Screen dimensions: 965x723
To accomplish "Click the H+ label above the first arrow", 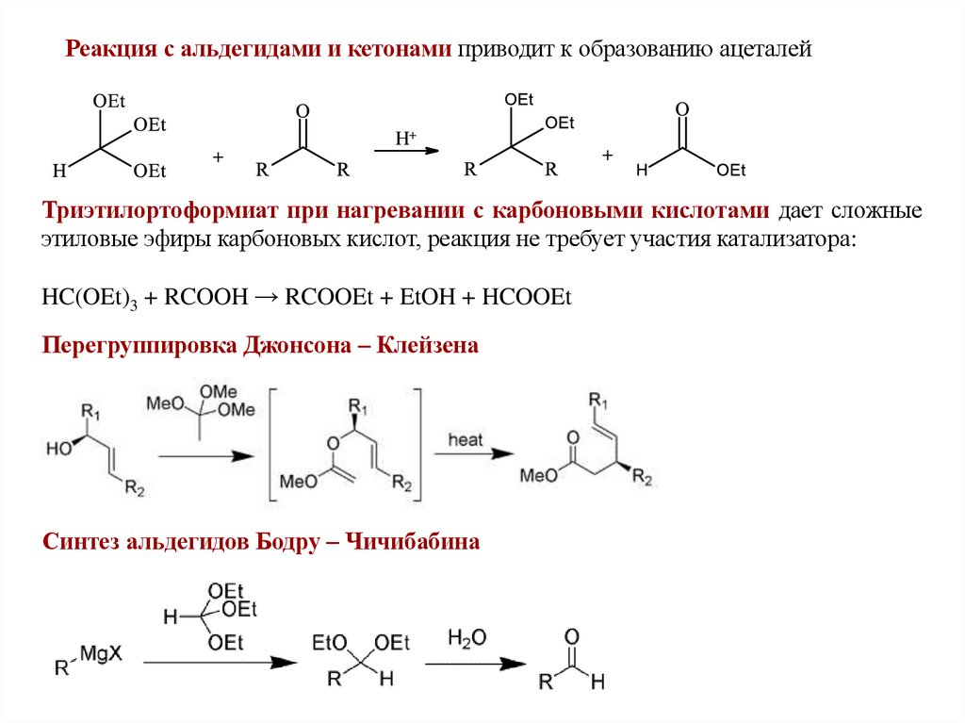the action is tap(407, 139).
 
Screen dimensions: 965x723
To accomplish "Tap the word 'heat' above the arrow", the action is tap(466, 439).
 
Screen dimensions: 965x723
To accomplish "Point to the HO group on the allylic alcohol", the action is tap(58, 451).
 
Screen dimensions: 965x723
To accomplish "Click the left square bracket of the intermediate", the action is tap(272, 443).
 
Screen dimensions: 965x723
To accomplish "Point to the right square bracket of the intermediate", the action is tap(421, 443).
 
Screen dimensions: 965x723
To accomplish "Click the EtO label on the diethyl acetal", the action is tap(329, 643).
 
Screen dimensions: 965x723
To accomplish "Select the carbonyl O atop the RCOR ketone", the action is tap(302, 110).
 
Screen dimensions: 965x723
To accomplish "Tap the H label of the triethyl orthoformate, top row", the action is tap(58, 172).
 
